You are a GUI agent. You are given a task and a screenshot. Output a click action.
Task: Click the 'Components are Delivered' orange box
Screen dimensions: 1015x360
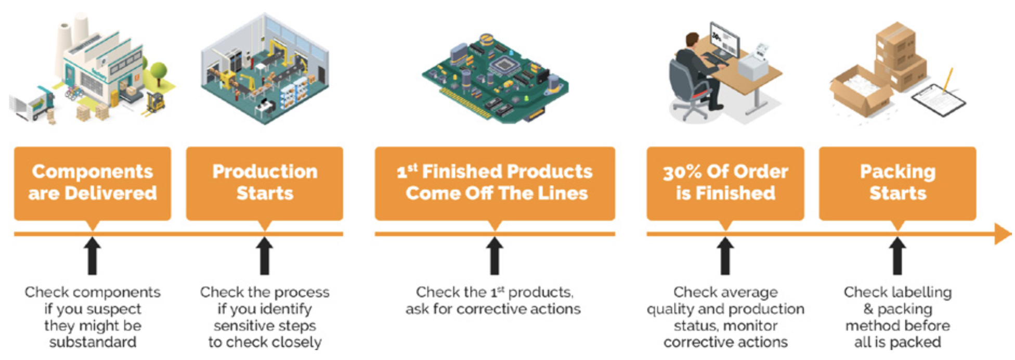tap(93, 183)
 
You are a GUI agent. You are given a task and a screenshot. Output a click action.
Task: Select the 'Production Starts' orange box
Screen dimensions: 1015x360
tap(265, 183)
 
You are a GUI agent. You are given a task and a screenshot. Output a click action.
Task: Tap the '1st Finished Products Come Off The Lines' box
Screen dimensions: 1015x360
tap(495, 183)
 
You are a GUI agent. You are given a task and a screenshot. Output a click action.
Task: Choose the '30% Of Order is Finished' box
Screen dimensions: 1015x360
tap(725, 183)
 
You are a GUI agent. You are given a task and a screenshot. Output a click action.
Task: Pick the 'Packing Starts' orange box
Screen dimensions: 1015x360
tap(897, 183)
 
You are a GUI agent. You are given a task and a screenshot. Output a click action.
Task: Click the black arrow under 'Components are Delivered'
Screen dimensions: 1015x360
tap(93, 256)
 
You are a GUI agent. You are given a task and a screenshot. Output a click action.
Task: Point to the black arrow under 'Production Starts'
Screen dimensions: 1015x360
tap(265, 256)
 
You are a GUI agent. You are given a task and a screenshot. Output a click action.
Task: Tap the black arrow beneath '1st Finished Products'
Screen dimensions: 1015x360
tap(495, 256)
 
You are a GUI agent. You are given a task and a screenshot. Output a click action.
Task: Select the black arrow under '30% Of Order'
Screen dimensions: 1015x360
tap(725, 256)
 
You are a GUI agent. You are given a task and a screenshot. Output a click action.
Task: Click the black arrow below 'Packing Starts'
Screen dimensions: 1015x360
tap(897, 256)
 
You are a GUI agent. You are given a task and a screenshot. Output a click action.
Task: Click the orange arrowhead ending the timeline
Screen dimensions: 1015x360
tap(1003, 234)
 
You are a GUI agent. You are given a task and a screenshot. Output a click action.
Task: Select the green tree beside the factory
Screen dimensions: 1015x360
tap(158, 73)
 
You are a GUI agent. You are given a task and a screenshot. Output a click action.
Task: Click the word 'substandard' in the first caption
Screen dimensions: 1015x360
tap(93, 342)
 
